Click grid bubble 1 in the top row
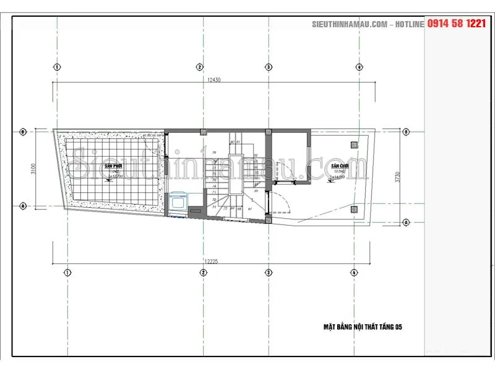tap(57, 67)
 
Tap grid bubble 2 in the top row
tap(200, 67)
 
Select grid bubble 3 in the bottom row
tap(269, 272)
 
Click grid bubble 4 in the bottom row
tap(354, 272)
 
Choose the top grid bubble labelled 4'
tap(359, 67)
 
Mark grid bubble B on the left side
tap(23, 131)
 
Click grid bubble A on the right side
tap(407, 221)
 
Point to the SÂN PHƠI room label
tap(113, 167)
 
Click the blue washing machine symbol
tap(178, 201)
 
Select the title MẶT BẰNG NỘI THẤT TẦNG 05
tap(363, 326)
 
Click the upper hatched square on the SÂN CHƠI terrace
tap(354, 145)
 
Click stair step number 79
tap(214, 152)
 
